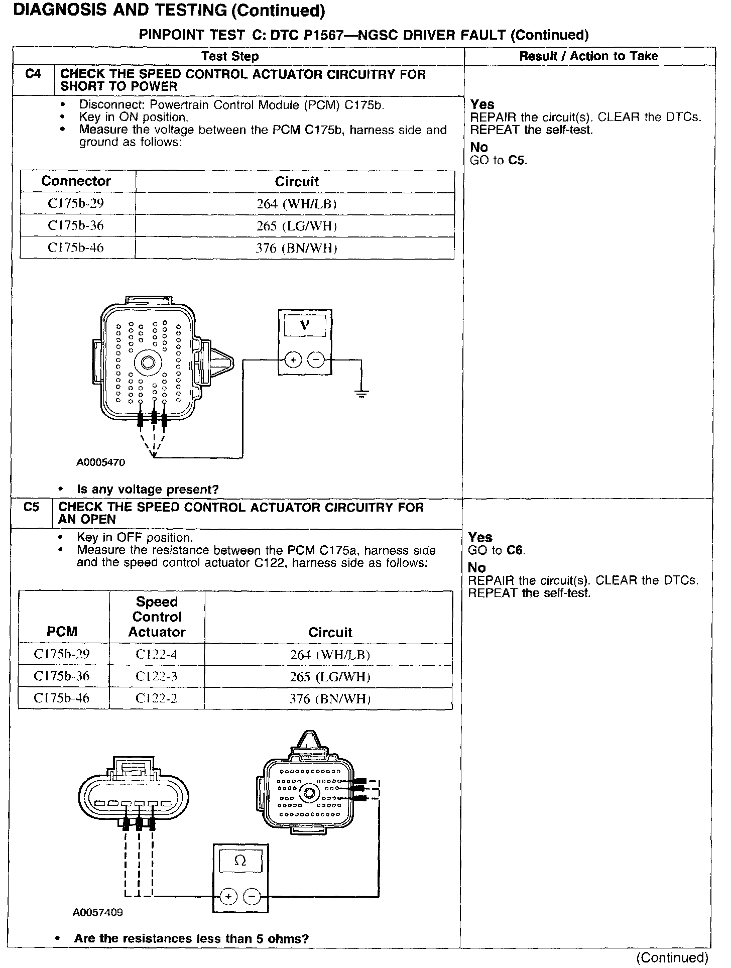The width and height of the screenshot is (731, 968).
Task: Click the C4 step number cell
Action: tap(33, 74)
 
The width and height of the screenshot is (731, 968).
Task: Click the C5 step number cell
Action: tap(31, 507)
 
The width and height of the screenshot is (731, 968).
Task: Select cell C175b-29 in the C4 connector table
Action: tap(76, 203)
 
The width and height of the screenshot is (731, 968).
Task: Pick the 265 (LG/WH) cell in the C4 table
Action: tap(296, 226)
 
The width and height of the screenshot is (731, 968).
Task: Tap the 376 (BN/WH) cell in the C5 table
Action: tap(330, 698)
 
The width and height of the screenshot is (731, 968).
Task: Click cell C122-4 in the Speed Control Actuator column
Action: tap(157, 654)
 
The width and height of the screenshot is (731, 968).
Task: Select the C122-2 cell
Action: tap(157, 698)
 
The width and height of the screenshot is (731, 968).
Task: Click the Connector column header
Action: tap(76, 181)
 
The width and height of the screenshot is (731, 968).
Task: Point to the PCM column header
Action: tap(62, 632)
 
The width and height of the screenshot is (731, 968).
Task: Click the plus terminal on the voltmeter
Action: tap(293, 360)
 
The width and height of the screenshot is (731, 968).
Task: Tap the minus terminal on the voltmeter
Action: tap(316, 360)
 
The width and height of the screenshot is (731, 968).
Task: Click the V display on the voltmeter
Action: tap(305, 326)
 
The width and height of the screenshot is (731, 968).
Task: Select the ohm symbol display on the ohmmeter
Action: tap(240, 861)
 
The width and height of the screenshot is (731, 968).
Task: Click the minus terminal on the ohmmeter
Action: tap(252, 896)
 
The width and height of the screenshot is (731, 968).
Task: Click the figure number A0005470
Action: tap(101, 462)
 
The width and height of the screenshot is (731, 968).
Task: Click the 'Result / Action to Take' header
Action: tap(588, 56)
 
